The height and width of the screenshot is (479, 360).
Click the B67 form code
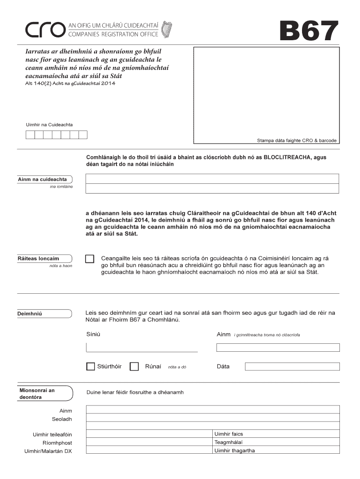(x=308, y=31)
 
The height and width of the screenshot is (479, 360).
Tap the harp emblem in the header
(x=166, y=29)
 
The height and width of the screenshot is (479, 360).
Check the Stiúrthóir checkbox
(x=90, y=367)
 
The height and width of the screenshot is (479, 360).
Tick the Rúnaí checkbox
(x=134, y=367)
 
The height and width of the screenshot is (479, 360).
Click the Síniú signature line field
(x=142, y=347)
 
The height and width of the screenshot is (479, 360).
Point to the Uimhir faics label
(x=229, y=434)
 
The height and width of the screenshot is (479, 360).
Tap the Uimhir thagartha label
(x=235, y=451)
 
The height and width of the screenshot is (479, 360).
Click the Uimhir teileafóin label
(x=52, y=435)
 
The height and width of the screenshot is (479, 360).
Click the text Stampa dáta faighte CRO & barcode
(x=296, y=140)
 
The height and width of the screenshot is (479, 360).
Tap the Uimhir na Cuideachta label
(x=49, y=124)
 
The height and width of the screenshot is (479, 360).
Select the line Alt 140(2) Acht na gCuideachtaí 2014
(x=70, y=84)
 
